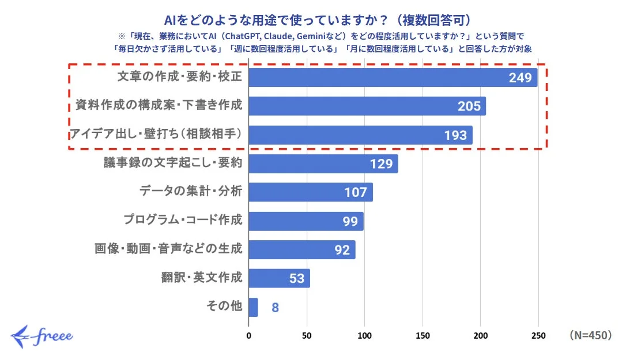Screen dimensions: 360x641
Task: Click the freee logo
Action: (42, 336)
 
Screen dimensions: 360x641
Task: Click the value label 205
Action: (469, 107)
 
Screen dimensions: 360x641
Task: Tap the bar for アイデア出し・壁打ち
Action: (360, 135)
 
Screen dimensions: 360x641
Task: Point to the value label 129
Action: (380, 164)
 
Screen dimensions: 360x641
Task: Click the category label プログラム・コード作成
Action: (183, 221)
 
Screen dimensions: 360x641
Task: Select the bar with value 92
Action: (301, 249)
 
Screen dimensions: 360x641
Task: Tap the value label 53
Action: (296, 279)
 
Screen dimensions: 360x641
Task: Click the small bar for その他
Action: (253, 307)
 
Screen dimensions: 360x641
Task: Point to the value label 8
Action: (275, 308)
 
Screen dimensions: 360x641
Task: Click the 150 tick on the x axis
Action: (423, 335)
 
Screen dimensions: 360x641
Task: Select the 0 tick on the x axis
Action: (249, 335)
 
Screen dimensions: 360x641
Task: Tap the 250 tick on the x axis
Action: (538, 335)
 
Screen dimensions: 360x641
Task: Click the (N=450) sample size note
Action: (590, 335)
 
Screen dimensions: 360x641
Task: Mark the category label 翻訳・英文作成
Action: (201, 278)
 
